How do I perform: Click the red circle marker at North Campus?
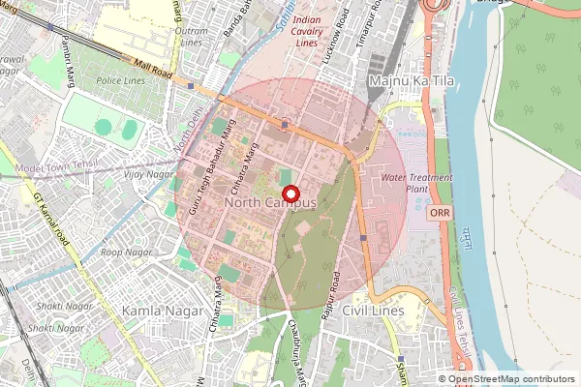[290, 193]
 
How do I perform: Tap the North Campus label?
[270, 204]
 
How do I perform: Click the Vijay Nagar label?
[149, 174]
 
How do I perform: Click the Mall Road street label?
[153, 71]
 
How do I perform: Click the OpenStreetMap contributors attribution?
[511, 379]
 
